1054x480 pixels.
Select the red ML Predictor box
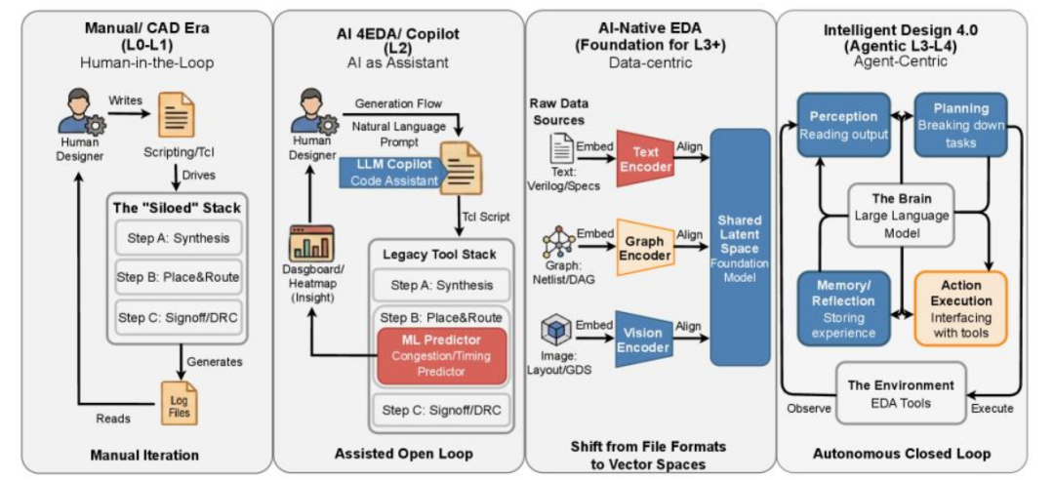pos(442,356)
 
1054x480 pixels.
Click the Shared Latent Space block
pos(740,248)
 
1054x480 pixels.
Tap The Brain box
pos(902,216)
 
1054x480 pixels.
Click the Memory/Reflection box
pos(844,307)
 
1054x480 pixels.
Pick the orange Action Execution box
pos(960,307)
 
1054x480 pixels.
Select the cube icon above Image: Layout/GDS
pos(557,333)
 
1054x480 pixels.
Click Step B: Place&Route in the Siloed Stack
pos(179,275)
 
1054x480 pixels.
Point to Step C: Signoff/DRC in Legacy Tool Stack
pos(441,410)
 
